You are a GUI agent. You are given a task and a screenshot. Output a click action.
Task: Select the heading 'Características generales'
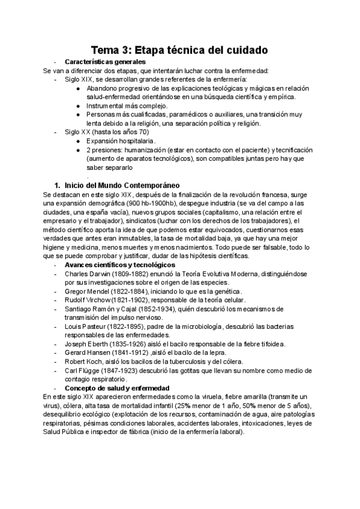pos(104,62)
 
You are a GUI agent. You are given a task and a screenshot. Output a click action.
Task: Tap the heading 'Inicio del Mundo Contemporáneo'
pos(118,185)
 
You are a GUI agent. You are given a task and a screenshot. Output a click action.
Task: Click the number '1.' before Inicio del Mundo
pos(58,185)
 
